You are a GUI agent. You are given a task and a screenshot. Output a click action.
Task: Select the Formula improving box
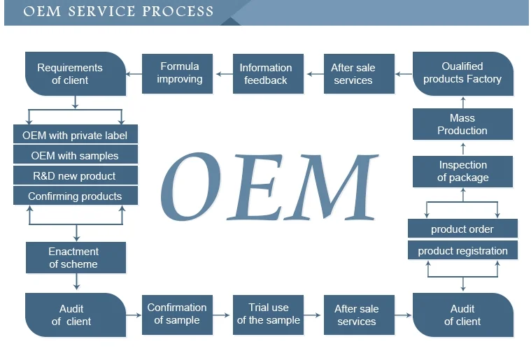click(x=179, y=73)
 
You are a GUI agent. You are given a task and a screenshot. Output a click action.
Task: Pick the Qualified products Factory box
click(x=462, y=73)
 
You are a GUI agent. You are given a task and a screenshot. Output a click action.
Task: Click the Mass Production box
click(x=462, y=124)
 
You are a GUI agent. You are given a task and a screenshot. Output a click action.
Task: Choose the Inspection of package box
click(x=462, y=171)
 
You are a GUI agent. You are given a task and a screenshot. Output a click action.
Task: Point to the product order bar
click(x=462, y=229)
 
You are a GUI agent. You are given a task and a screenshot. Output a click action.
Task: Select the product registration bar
click(x=462, y=250)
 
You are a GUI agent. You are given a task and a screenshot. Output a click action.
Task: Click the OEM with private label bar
click(x=76, y=135)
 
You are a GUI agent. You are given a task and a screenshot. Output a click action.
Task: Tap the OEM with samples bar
click(x=76, y=155)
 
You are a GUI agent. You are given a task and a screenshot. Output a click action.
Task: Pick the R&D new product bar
click(x=76, y=175)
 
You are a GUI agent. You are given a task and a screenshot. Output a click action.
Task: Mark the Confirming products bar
click(x=76, y=196)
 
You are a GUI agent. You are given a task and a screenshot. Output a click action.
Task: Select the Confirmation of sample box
click(x=177, y=314)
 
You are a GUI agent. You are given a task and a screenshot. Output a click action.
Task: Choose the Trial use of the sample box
click(x=268, y=314)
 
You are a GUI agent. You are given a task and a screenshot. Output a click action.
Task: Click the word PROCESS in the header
click(x=178, y=12)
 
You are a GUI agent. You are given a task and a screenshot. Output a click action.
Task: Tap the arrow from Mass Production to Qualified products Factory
click(x=462, y=102)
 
